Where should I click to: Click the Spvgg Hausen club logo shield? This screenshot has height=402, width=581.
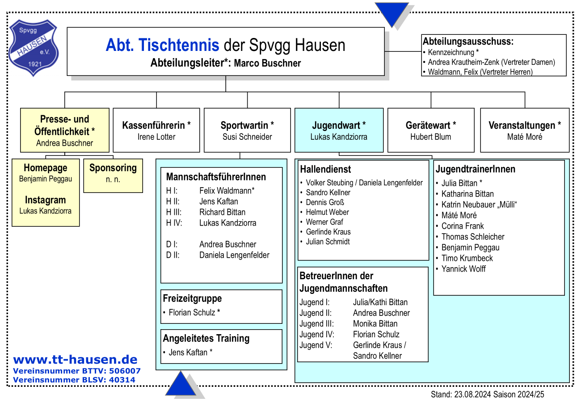pos(34,48)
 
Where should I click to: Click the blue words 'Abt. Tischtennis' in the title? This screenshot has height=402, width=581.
pos(162,45)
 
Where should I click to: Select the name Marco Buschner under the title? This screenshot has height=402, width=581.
pos(267,63)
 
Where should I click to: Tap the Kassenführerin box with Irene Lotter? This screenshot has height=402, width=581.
pos(156,130)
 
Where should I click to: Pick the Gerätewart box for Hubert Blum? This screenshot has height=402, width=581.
pos(431,130)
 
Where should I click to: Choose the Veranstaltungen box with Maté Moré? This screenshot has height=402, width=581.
pos(525,130)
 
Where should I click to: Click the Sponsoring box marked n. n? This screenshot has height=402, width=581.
pos(113,176)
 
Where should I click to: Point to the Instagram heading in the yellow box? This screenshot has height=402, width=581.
pos(46,200)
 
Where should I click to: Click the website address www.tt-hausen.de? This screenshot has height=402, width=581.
pos(75,360)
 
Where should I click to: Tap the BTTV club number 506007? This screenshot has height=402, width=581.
pos(125,371)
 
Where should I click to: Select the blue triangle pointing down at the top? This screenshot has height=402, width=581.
pos(392,14)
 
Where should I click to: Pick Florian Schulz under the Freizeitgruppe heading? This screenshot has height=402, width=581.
pos(192,313)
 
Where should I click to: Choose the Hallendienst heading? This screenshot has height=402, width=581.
pos(325,169)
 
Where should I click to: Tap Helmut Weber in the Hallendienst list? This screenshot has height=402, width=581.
pos(327,212)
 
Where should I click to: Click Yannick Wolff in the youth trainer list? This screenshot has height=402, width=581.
pos(463,269)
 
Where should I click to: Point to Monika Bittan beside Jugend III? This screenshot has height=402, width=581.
pos(375,324)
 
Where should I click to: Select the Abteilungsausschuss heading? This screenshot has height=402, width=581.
pos(468,42)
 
